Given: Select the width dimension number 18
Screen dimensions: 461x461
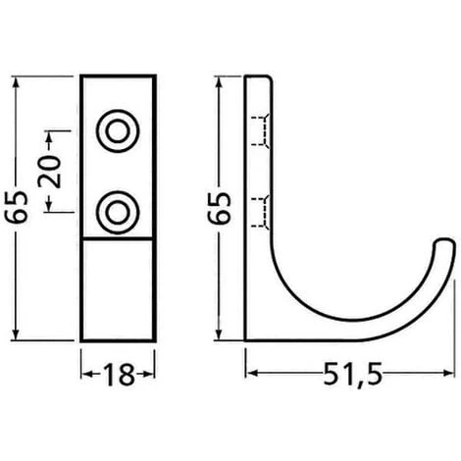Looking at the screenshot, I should [118, 374].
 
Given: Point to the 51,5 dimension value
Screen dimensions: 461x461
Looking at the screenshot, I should [350, 376].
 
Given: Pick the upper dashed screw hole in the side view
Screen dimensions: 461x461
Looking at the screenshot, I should [260, 129].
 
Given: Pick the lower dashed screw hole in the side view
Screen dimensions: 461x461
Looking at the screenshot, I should [260, 209].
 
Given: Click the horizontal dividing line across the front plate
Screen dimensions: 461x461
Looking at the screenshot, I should [118, 237].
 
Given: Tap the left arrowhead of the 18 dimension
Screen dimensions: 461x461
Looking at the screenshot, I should [84, 374].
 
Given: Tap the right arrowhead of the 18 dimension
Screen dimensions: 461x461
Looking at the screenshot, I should [150, 374].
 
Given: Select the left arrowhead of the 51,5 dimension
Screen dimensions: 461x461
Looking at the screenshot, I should [249, 374].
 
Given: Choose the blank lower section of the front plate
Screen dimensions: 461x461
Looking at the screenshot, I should [118, 289].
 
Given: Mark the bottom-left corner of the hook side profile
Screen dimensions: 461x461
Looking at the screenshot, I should [245, 339].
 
